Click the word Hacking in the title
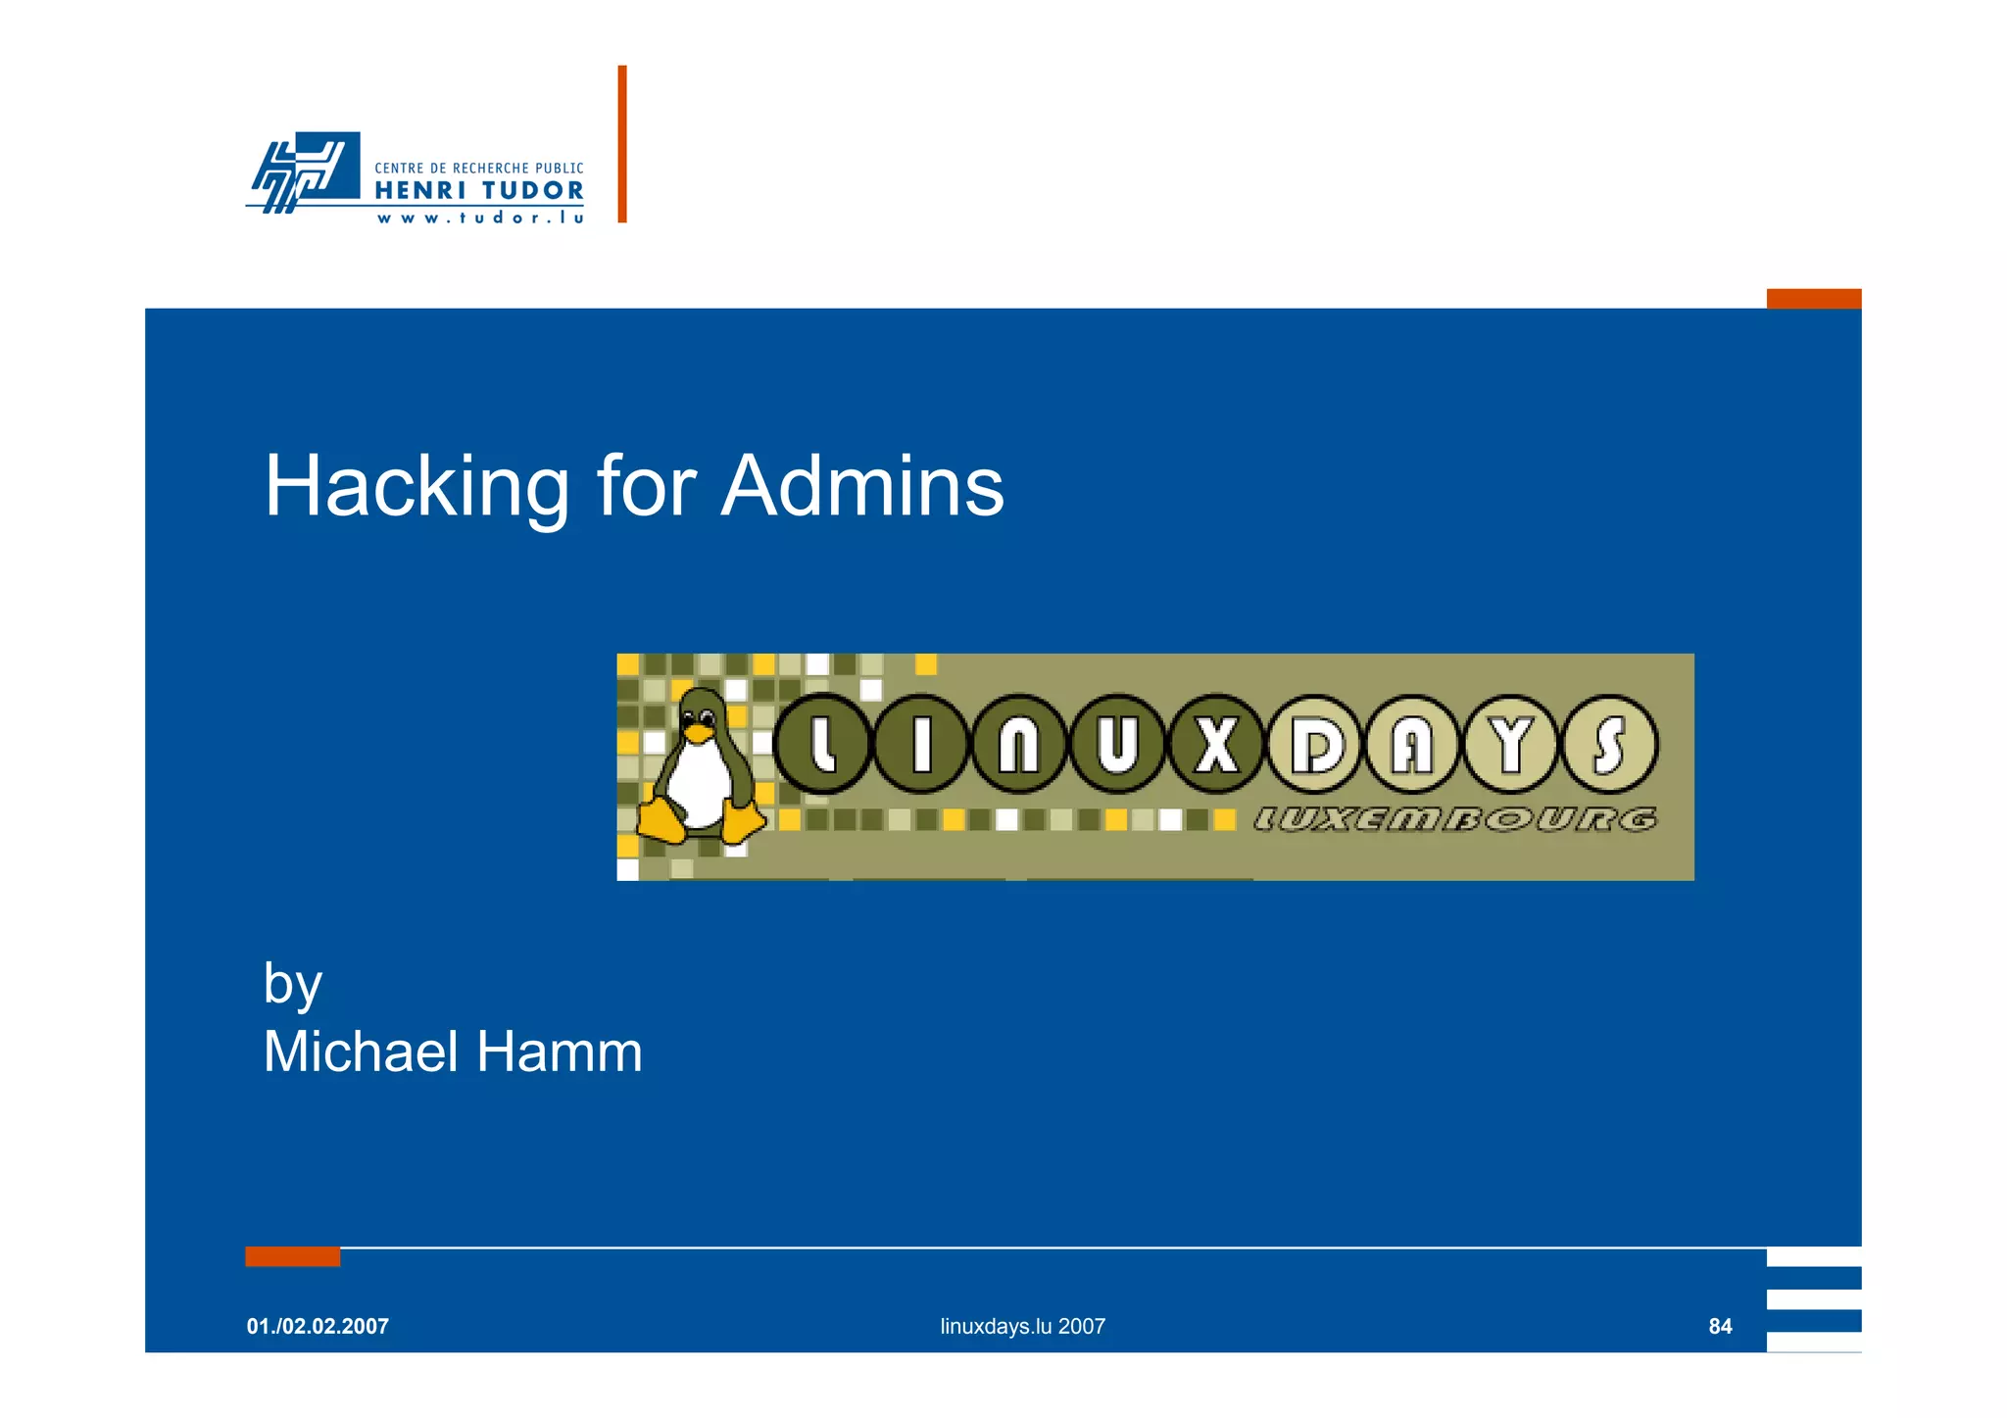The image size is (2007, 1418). coord(416,487)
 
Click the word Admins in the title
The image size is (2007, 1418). coord(862,487)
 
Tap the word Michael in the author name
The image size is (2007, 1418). coord(361,1051)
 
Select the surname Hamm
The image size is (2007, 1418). coord(560,1051)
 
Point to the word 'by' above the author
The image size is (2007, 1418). coord(292,984)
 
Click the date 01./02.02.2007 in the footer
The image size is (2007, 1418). coord(318,1326)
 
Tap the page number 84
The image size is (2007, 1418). coord(1720,1326)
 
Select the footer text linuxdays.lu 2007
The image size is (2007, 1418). coord(1022,1326)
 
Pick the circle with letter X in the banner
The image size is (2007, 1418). coord(1216,745)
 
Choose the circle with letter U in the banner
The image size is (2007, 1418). coord(1117,745)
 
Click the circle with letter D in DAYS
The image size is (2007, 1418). coord(1315,745)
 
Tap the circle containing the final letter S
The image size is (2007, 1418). coord(1610,745)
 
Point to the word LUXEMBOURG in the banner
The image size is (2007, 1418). coord(1455,819)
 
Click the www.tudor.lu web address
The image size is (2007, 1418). coord(480,218)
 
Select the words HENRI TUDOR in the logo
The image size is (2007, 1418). coord(479,190)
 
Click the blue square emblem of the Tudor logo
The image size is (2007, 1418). coord(323,167)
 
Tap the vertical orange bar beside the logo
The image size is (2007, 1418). coord(622,144)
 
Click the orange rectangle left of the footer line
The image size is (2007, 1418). coord(292,1256)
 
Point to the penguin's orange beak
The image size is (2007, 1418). coord(698,732)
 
